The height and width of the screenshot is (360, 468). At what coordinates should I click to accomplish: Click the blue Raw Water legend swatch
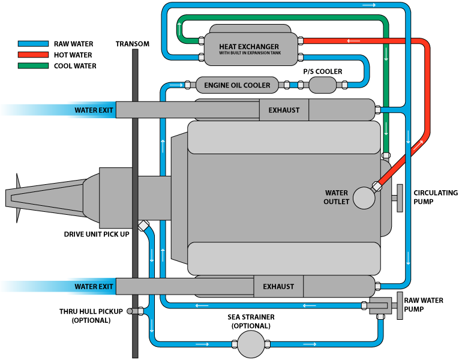click(34, 44)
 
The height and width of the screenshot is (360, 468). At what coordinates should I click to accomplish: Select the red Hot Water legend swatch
click(34, 55)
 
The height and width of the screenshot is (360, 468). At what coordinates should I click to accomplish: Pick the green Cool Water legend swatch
click(34, 65)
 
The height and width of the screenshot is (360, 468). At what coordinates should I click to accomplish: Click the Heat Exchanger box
click(249, 46)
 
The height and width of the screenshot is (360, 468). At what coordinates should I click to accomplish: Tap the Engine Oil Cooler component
click(237, 85)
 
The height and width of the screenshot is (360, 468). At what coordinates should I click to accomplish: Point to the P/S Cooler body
click(322, 85)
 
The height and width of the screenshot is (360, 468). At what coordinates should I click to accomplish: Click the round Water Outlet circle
click(364, 197)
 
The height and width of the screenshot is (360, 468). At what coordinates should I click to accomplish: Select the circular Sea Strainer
click(251, 344)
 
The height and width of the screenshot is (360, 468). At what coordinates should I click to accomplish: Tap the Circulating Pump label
click(436, 197)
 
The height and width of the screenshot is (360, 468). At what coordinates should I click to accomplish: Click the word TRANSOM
click(133, 44)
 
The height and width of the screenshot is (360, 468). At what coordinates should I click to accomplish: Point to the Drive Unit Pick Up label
click(97, 233)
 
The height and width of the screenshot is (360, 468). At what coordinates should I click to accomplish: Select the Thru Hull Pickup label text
click(91, 316)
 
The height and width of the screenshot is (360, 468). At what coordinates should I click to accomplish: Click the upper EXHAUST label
click(284, 110)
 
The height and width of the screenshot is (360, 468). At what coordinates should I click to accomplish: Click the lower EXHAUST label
click(278, 287)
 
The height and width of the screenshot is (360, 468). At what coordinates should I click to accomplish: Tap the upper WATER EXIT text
click(94, 110)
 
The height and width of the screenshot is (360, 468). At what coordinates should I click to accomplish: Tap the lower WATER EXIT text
click(94, 287)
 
